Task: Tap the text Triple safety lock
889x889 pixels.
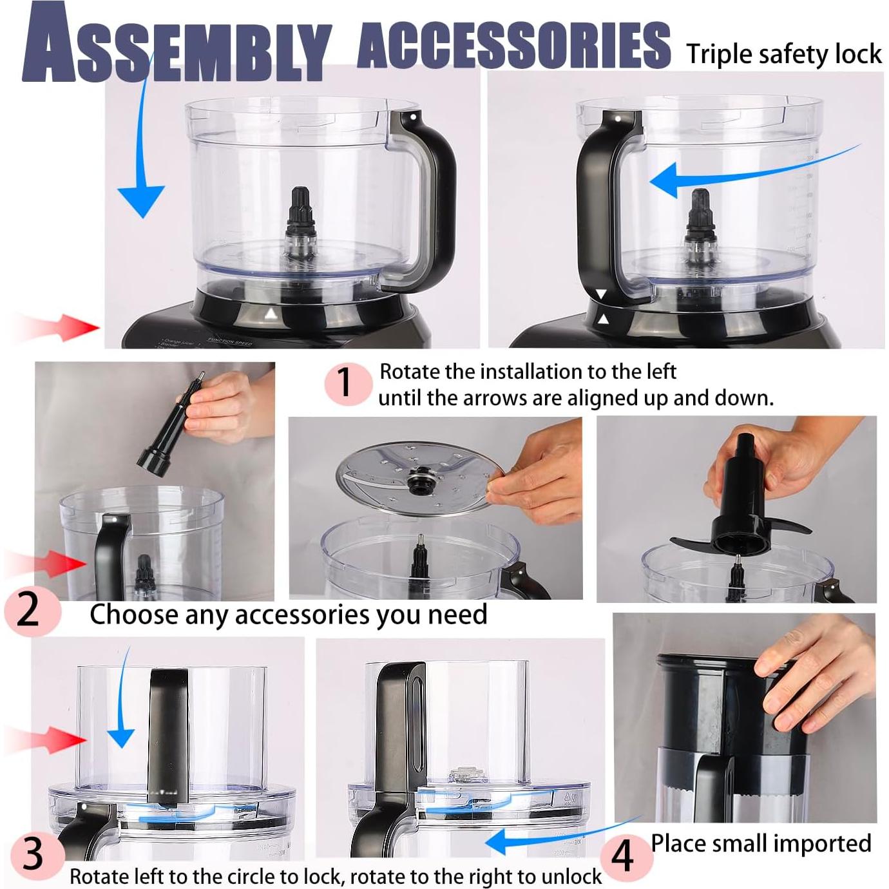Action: coord(783,54)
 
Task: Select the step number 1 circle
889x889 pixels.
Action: coord(346,384)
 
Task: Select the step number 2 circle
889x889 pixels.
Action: coord(29,611)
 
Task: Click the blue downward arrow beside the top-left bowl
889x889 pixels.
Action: coord(141,187)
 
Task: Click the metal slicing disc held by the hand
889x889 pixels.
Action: coord(412,480)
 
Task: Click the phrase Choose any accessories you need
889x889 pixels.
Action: coord(288,615)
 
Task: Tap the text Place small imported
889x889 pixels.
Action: coord(760,843)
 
